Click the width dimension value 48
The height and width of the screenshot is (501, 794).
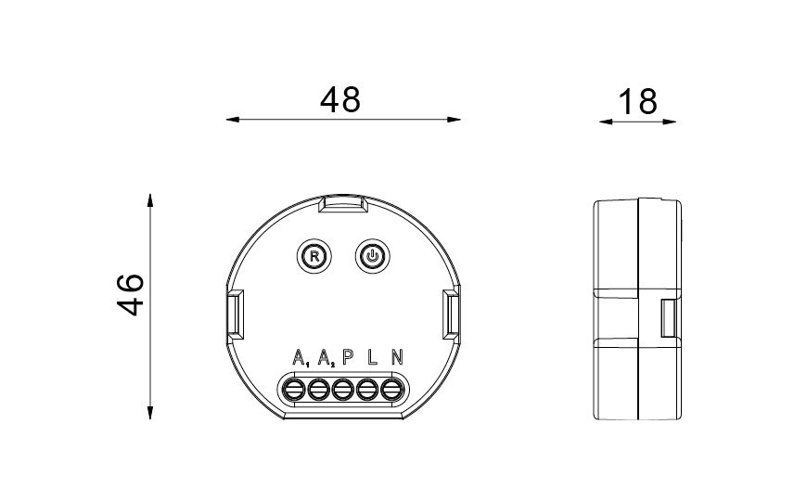[340, 99]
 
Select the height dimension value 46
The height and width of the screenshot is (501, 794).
[130, 295]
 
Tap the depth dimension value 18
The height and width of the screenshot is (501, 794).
[638, 102]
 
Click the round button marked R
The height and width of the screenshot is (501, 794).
[314, 256]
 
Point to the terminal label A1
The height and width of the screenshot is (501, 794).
[301, 357]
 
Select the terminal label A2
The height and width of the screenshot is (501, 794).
[327, 357]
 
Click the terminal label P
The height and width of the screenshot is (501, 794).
[348, 357]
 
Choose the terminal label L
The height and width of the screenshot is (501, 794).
[373, 357]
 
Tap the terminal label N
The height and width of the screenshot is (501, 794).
[398, 357]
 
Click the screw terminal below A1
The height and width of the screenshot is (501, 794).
[293, 390]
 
